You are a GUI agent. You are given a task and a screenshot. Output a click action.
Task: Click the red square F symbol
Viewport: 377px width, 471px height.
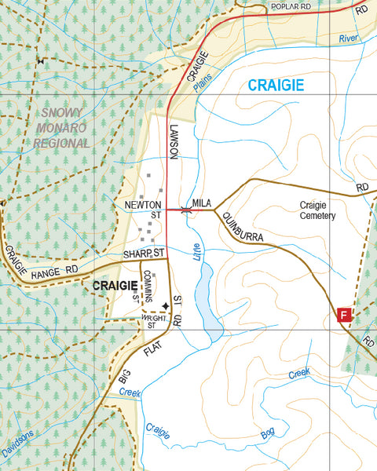click(x=343, y=315)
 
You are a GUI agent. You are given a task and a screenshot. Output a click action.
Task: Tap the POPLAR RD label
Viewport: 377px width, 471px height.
click(x=291, y=6)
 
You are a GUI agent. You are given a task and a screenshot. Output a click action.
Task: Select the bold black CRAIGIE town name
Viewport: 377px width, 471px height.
click(x=115, y=286)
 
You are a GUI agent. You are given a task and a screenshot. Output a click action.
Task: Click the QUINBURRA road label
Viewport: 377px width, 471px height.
click(x=242, y=226)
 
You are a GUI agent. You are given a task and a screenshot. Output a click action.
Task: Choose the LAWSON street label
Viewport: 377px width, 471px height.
click(x=174, y=141)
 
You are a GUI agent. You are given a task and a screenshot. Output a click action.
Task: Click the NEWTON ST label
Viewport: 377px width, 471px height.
click(x=144, y=209)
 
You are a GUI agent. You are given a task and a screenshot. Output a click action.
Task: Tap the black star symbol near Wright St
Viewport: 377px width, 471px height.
click(x=165, y=306)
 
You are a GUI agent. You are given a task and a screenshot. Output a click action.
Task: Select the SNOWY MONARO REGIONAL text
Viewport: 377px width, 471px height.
click(x=62, y=128)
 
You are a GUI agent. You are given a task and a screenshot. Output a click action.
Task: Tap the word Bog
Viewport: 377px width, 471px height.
click(x=269, y=433)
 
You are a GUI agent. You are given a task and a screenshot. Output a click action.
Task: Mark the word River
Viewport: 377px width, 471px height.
click(x=347, y=38)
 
